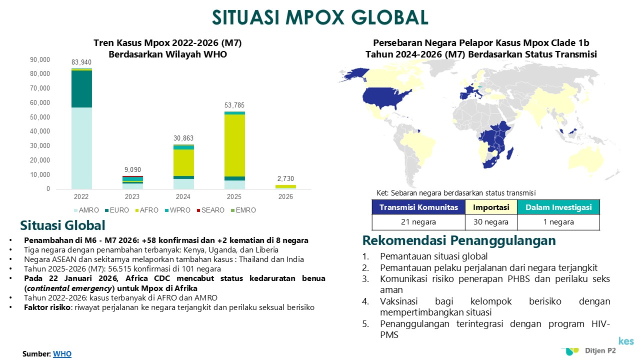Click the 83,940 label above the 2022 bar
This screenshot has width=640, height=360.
[x=81, y=62]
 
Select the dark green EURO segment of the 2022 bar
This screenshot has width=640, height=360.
[x=81, y=89]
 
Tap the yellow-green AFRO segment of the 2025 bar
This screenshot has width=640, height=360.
[x=234, y=145]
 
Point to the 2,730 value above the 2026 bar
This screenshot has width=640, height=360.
[x=285, y=178]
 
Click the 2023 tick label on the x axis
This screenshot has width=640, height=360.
[x=132, y=196]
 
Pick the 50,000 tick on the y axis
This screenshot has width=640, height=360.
[x=40, y=117]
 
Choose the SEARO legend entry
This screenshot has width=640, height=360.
[x=210, y=210]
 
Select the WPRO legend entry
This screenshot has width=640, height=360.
[x=177, y=210]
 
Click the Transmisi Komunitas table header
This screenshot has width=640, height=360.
[x=418, y=207]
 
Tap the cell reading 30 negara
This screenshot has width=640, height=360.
[x=491, y=222]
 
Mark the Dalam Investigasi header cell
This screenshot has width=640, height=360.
[x=558, y=207]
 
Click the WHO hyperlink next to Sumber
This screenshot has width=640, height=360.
[x=62, y=353]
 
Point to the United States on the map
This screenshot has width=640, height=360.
[x=385, y=97]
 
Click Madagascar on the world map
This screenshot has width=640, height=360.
[x=510, y=153]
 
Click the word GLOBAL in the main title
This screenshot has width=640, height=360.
[x=389, y=17]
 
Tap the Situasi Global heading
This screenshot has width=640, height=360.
[x=62, y=225]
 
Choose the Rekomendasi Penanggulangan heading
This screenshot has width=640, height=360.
[x=459, y=240]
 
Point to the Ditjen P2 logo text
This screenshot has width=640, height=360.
[x=600, y=350]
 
